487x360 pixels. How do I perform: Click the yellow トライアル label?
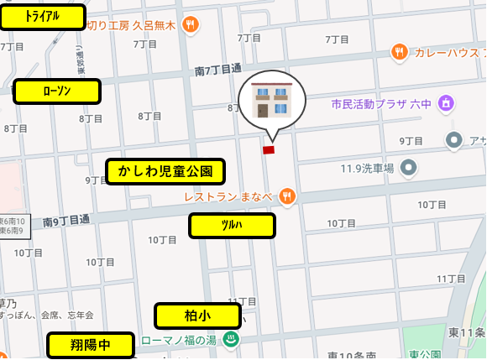[x=43, y=17]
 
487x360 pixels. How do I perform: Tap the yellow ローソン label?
[x=57, y=91]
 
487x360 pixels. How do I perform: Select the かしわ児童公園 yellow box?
[x=165, y=172]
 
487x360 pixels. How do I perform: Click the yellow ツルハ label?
[x=232, y=226]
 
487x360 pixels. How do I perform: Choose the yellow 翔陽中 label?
[x=91, y=345]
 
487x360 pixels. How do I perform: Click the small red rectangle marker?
[x=269, y=150]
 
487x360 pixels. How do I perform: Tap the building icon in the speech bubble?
[x=270, y=102]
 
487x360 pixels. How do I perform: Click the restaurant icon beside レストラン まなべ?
[x=287, y=196]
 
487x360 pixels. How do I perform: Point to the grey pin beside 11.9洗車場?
[x=409, y=168]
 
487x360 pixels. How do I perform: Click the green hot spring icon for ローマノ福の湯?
[x=232, y=340]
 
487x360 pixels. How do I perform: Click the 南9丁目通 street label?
[x=66, y=221]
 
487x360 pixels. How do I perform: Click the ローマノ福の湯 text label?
[x=179, y=341]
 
